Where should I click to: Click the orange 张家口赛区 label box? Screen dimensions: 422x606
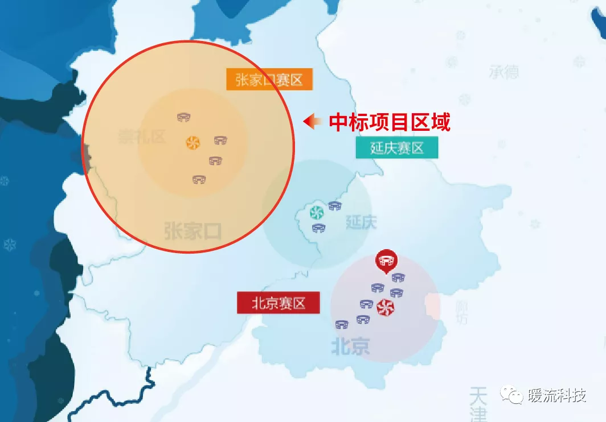tap(269, 80)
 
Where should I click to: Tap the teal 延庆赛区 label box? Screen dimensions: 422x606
tap(397, 148)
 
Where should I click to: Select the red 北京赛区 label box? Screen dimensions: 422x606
tap(279, 303)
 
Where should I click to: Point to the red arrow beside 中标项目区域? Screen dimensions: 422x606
tap(312, 121)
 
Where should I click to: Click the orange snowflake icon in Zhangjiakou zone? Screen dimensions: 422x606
tap(193, 142)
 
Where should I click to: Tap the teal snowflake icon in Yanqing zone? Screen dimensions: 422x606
tap(316, 213)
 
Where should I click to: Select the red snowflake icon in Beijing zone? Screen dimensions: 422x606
tap(385, 308)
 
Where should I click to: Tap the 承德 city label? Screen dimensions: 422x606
tap(503, 72)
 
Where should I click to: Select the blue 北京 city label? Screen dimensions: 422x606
tap(350, 346)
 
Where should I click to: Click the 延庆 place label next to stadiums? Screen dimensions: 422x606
tap(361, 222)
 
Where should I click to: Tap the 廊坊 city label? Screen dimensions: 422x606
tap(461, 312)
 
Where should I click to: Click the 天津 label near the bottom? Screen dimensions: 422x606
tap(477, 404)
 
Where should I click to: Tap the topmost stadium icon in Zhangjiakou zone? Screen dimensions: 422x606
tap(183, 117)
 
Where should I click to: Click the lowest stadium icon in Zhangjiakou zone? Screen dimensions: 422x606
tap(199, 180)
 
